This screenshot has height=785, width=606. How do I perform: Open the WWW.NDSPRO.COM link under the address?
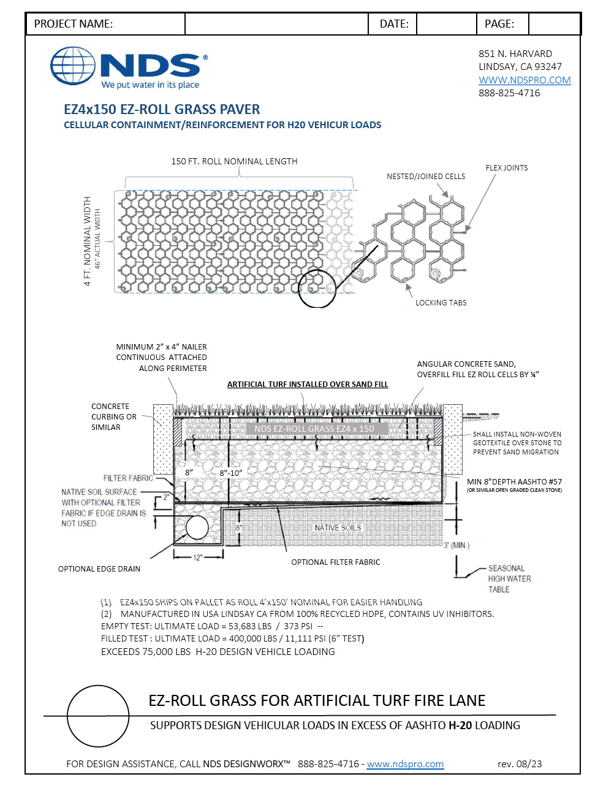pos(525,80)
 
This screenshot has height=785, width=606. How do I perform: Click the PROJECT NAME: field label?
pos(74,24)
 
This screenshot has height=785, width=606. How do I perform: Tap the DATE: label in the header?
pos(394,24)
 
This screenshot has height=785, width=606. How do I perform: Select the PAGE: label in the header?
pos(499,24)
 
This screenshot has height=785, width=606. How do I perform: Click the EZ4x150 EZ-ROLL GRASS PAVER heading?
pos(162,109)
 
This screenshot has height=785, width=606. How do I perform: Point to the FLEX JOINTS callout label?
pos(506,167)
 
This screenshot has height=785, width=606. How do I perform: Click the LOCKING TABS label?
pos(441,302)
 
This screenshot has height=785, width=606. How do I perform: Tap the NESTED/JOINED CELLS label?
pos(426,176)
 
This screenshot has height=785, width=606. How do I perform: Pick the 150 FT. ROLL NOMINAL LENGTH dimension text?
pos(234,161)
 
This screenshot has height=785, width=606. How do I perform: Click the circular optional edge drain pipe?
pos(197,527)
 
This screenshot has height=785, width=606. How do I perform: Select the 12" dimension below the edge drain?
pos(197,557)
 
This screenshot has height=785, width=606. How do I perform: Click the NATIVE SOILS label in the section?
pos(338,527)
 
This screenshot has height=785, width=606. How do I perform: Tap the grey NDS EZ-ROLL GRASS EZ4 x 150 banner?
pos(314,429)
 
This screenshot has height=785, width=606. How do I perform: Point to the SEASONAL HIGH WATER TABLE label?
pos(509,578)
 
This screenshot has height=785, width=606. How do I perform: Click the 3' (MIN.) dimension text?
pos(456,545)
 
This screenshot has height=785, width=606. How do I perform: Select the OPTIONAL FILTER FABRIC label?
pos(335,562)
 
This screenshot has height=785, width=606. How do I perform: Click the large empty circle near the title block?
pos(98,716)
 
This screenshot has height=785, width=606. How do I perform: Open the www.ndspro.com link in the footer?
pos(405,764)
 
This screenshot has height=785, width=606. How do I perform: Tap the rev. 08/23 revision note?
pos(520,764)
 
